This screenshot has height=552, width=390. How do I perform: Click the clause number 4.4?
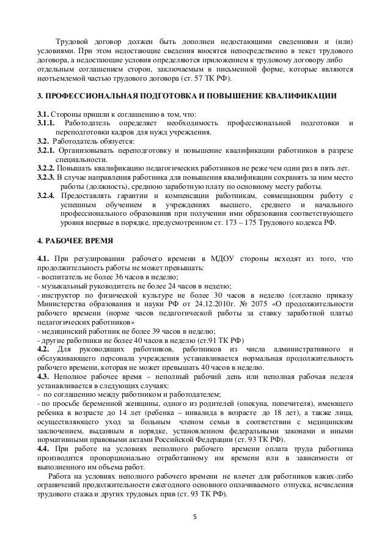click(x=46, y=449)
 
